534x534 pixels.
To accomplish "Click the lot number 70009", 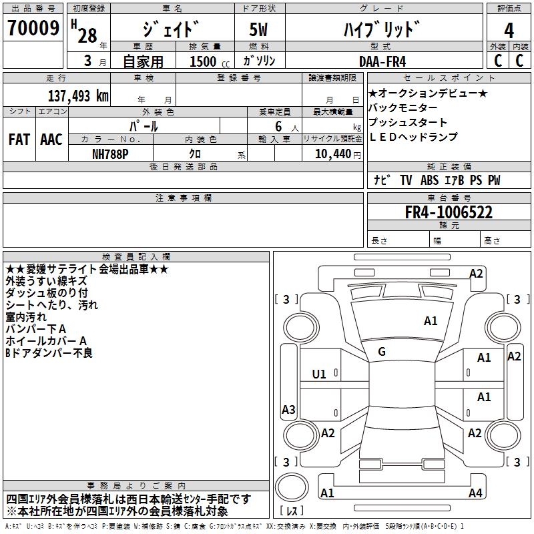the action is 33,28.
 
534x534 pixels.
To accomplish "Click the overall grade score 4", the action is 509,30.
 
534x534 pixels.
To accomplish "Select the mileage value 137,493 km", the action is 78,96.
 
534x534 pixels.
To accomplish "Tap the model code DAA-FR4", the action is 382,61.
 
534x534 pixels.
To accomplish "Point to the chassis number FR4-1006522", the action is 449,212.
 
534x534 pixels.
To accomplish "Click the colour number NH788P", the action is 110,154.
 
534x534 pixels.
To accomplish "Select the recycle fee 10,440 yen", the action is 338,154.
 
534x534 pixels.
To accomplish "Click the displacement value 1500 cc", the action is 210,61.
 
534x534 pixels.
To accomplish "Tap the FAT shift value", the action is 19,140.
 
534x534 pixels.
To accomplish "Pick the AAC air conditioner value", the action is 51,140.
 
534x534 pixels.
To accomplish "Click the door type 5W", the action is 258,29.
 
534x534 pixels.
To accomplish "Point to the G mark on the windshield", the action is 382,352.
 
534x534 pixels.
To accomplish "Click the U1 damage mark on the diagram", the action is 319,374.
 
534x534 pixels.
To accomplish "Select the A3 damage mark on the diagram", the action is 288,409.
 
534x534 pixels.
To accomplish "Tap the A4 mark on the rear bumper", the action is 475,493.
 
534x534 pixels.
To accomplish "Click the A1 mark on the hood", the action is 431,321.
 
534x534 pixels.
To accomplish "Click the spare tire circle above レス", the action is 292,487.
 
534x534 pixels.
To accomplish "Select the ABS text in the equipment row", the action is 429,180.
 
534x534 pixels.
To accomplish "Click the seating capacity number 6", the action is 278,126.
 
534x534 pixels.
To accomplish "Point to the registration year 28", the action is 87,35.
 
